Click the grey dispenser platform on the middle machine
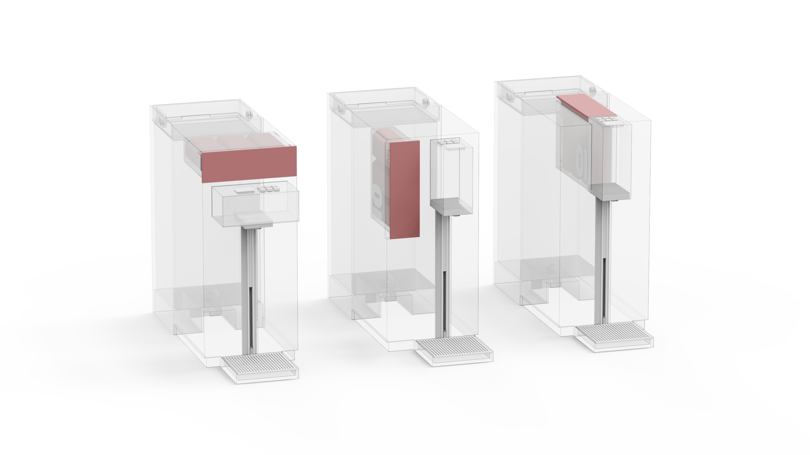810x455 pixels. pos(448,206)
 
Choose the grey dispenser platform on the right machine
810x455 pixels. pos(610,191)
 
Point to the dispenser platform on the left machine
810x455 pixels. pos(254,220)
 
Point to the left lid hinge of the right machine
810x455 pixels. pos(508,96)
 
